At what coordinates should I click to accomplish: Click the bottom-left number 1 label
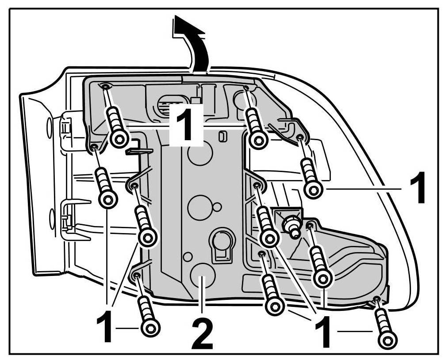(x=105, y=328)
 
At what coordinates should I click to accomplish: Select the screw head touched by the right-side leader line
(x=313, y=190)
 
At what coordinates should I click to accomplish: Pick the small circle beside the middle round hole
(x=217, y=206)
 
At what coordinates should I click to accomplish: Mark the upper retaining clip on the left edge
(x=65, y=128)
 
